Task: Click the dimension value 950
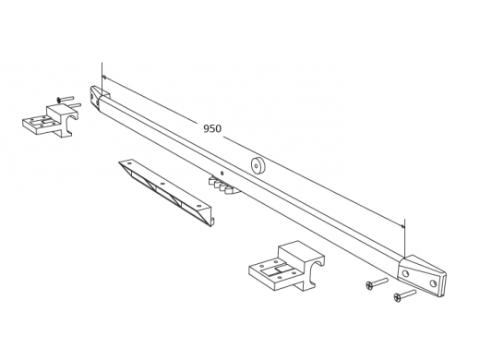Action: tap(212, 128)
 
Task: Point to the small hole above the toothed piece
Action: tap(222, 173)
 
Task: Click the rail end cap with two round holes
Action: tap(422, 276)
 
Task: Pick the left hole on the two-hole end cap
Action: tap(406, 272)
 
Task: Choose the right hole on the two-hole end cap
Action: tap(433, 283)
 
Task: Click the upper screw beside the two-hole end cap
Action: tap(377, 283)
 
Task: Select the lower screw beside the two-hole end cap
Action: tap(404, 294)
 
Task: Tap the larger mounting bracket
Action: tap(286, 267)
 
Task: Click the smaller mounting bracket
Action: tap(51, 121)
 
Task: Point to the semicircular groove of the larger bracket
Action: tap(317, 267)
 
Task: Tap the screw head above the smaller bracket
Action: tap(59, 100)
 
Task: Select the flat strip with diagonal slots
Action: tap(166, 193)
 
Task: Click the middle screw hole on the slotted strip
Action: tap(162, 184)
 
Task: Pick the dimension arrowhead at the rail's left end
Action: tap(104, 77)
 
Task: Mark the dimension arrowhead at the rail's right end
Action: tap(402, 226)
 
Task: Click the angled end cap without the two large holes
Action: tap(100, 97)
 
